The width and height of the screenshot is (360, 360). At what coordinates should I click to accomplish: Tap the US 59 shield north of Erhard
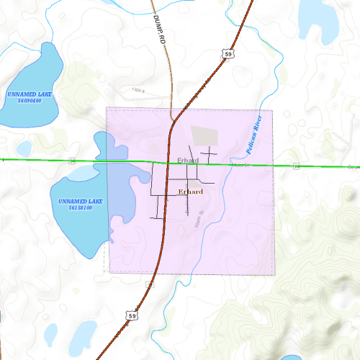[228, 54]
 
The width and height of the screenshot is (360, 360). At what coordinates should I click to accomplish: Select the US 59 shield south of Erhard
[130, 315]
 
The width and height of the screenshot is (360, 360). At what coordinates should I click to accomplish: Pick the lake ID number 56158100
[80, 207]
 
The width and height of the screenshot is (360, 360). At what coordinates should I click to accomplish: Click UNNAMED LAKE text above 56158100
[80, 200]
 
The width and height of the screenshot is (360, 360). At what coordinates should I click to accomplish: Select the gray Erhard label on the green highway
[187, 159]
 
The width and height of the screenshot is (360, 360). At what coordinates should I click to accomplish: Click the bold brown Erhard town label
[190, 192]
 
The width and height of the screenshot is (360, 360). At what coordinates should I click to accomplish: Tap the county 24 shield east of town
[296, 166]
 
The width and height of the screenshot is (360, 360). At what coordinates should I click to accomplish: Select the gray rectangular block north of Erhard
[204, 135]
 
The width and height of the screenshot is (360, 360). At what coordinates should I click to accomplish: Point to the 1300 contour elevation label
[138, 91]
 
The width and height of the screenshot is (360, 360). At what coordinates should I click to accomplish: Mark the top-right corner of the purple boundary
[274, 110]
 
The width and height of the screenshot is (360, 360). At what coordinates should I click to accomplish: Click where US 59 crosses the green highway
[168, 163]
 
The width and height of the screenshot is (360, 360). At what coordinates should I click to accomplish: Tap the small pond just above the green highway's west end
[24, 148]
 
